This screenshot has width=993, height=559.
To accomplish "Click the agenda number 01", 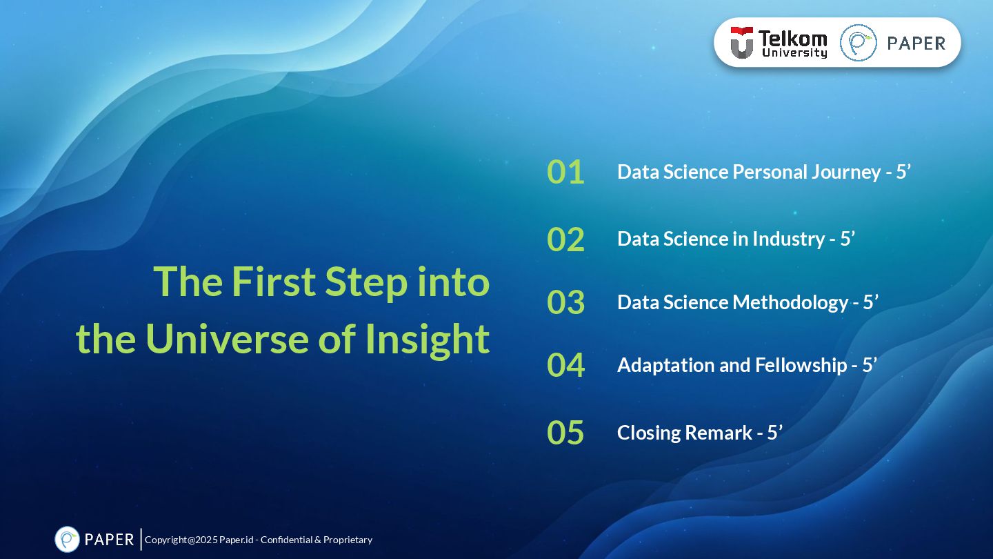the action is click(x=565, y=172).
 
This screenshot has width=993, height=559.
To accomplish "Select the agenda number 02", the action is click(x=565, y=239).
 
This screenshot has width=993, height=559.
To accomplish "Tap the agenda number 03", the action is click(x=565, y=302).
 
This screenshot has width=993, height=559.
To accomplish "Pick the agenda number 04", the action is click(x=565, y=365).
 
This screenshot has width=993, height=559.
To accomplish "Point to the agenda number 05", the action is click(x=565, y=433).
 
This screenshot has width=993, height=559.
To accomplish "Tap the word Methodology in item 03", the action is click(x=790, y=303).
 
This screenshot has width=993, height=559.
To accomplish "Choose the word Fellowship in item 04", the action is click(x=801, y=366).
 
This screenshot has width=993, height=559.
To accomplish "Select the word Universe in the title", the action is click(x=227, y=339).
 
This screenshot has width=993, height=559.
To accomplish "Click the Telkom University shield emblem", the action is click(x=742, y=43).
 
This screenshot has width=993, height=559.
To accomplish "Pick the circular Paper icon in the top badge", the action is click(x=859, y=43).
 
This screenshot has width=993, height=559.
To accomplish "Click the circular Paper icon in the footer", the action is click(x=67, y=540).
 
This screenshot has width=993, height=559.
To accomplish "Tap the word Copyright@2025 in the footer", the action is click(x=181, y=540).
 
